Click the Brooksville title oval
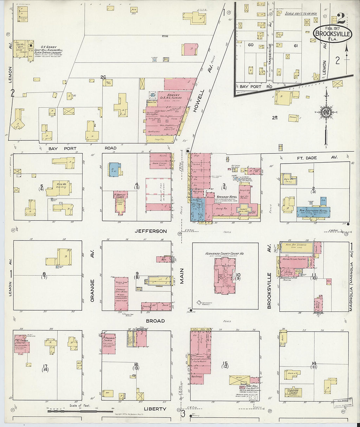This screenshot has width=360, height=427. [x=333, y=33]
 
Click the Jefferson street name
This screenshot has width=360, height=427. [x=151, y=231]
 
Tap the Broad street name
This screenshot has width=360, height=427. [x=155, y=321]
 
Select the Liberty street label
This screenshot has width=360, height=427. [x=155, y=409]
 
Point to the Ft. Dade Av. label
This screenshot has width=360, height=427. [x=317, y=158]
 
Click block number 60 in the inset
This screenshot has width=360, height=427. [x=251, y=45]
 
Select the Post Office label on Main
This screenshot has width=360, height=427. [x=196, y=377]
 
